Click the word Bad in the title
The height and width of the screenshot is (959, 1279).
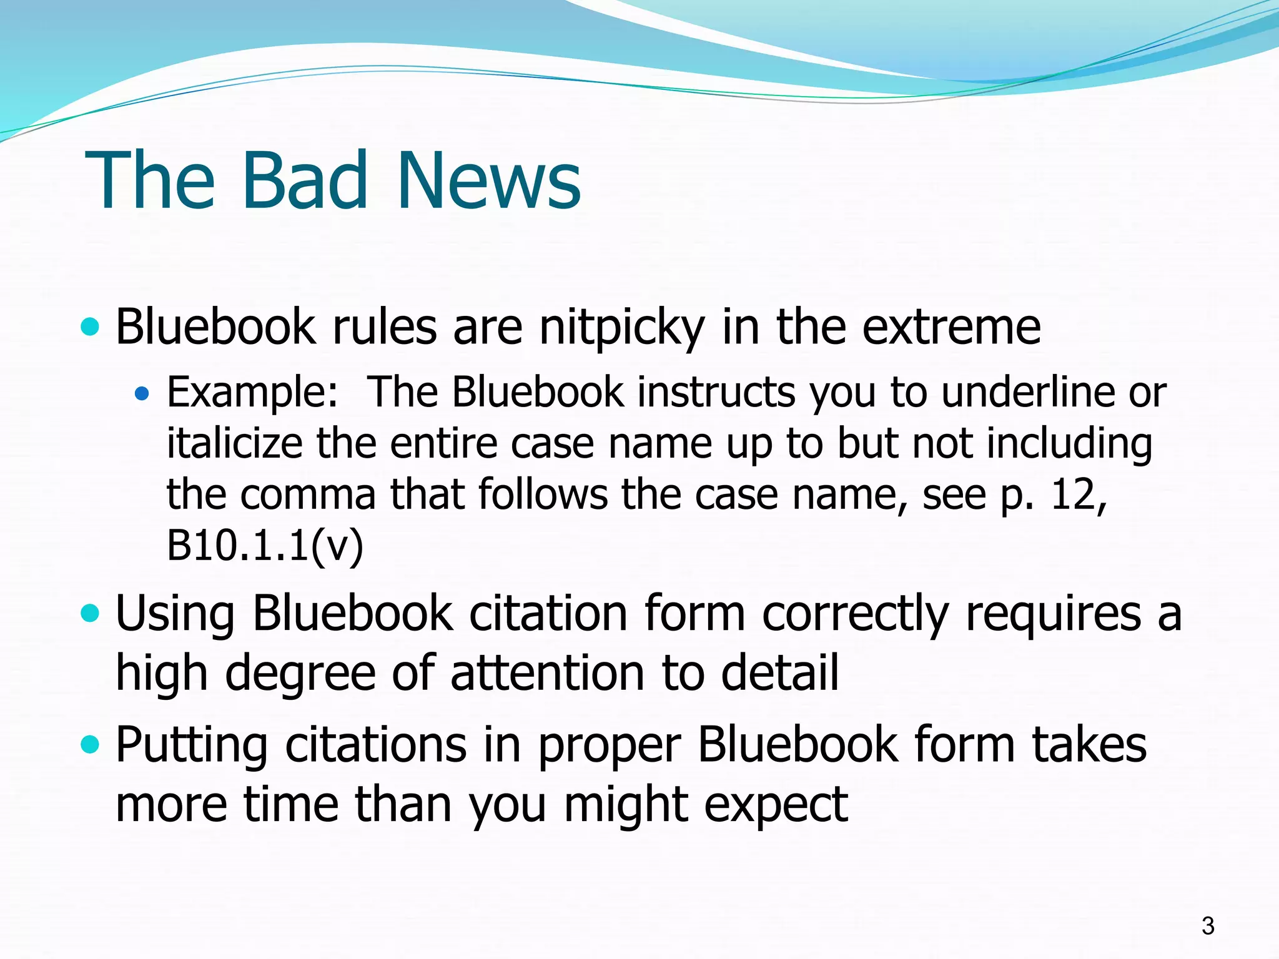pyautogui.click(x=304, y=180)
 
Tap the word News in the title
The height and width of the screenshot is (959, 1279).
pyautogui.click(x=488, y=180)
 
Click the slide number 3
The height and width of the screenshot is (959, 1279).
pyautogui.click(x=1208, y=925)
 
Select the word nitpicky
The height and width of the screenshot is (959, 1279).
pyautogui.click(x=621, y=327)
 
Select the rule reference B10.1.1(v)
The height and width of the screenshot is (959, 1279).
pyautogui.click(x=265, y=546)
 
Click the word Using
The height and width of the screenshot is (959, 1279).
pyautogui.click(x=175, y=614)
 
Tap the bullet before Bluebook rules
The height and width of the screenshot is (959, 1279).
pyautogui.click(x=91, y=327)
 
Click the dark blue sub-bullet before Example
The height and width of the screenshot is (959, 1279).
pyautogui.click(x=142, y=393)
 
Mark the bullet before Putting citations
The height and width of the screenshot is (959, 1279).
pyautogui.click(x=91, y=744)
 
